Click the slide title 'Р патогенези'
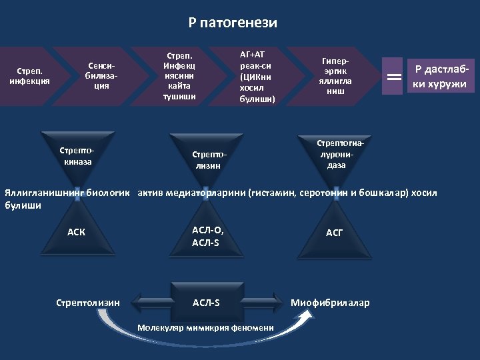tap(233, 23)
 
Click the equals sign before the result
tap(394, 77)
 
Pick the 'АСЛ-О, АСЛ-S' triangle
tap(207, 236)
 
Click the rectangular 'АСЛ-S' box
tap(207, 303)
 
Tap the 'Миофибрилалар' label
tap(329, 303)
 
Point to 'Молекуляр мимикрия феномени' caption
tap(206, 328)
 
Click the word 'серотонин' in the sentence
tap(318, 194)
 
